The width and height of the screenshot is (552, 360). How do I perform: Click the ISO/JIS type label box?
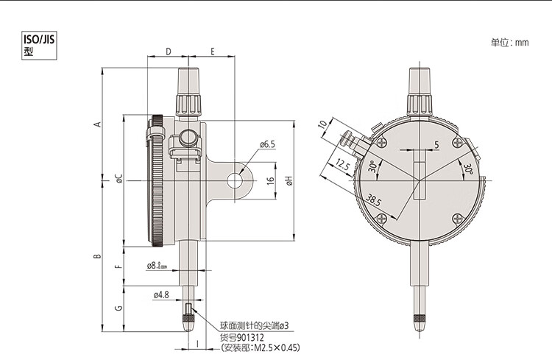tap(39, 46)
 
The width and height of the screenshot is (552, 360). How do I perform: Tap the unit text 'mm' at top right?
tap(522, 43)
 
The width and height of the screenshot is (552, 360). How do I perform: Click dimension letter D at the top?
tap(169, 52)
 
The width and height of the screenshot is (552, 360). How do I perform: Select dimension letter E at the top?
tap(213, 52)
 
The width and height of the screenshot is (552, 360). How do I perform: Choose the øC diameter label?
tap(119, 178)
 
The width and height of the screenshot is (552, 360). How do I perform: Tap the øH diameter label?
tap(289, 180)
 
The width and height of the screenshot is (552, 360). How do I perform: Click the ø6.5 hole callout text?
tap(268, 144)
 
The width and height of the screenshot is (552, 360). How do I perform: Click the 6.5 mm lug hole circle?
tap(235, 180)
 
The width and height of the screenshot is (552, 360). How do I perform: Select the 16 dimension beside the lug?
tap(270, 180)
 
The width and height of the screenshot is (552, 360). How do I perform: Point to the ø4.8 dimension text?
tap(161, 294)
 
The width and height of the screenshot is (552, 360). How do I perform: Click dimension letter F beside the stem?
tap(119, 267)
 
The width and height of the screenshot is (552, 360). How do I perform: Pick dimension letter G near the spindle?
tap(119, 308)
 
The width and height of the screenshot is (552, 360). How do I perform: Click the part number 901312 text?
tap(250, 337)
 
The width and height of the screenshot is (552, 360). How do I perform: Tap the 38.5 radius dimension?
tap(373, 200)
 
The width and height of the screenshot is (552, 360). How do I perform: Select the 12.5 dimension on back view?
tap(342, 164)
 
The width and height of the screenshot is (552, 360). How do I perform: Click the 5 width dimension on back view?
tap(436, 144)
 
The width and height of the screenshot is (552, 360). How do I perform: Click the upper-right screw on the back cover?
tap(457, 143)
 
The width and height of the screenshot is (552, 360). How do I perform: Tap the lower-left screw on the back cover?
tap(382, 219)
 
